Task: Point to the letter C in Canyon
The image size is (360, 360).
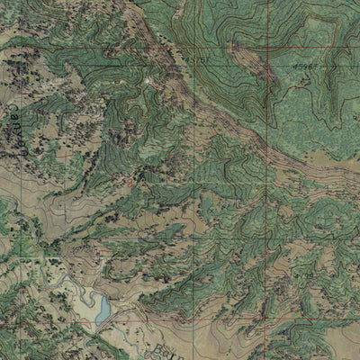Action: [13, 106]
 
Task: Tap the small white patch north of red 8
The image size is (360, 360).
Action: [148, 83]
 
